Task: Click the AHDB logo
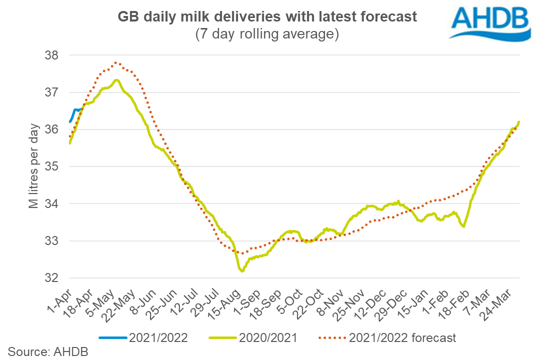point(489,22)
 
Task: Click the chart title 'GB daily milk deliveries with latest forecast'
point(267,17)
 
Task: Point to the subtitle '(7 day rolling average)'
point(267,34)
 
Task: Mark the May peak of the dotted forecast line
point(115,62)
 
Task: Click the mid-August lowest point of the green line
point(242,271)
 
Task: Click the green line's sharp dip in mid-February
point(464,226)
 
